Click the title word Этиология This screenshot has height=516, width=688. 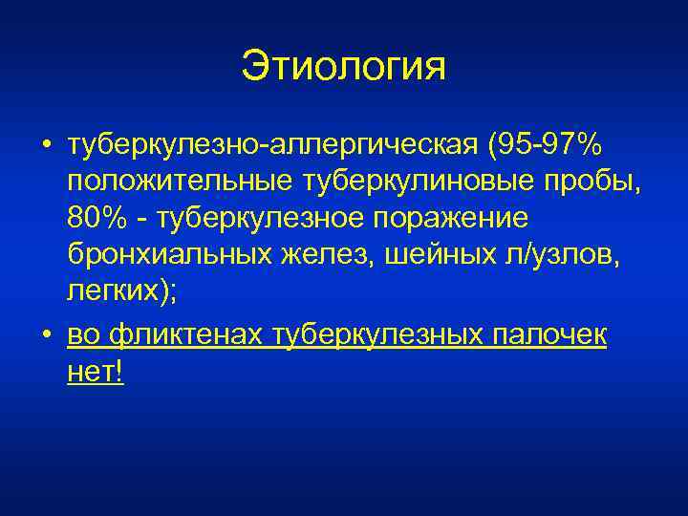click(x=344, y=68)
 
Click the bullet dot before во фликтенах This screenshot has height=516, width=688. click(x=45, y=337)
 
